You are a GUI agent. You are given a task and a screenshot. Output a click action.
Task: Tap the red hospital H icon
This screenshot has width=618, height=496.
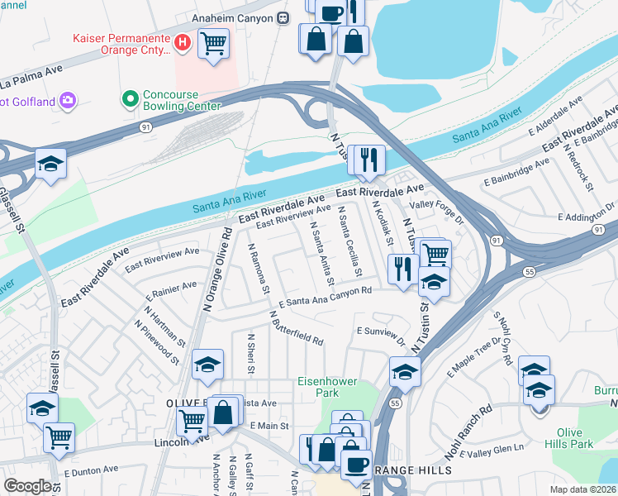pyautogui.click(x=183, y=40)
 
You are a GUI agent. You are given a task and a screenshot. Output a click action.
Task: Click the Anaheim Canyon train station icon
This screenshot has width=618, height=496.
pyautogui.click(x=283, y=17)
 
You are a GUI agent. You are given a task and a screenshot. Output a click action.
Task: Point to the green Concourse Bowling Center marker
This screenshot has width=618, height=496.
pyautogui.click(x=129, y=99)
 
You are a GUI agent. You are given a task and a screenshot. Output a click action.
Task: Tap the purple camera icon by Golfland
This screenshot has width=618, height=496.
pyautogui.click(x=67, y=101)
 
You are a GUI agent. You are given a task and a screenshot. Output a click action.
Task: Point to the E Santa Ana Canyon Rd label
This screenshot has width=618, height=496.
pyautogui.click(x=325, y=298)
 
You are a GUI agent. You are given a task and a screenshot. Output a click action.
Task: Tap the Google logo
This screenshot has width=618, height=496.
pyautogui.click(x=27, y=486)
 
